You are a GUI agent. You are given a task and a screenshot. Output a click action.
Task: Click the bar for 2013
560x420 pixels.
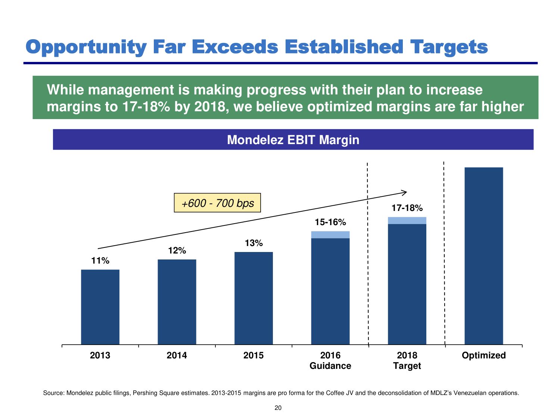pyautogui.click(x=100, y=307)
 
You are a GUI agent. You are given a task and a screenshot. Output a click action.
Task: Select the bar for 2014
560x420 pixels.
pyautogui.click(x=177, y=302)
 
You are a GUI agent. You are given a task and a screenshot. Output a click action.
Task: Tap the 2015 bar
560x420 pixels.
pyautogui.click(x=253, y=298)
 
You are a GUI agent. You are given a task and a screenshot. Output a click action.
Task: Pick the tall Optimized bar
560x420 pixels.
pyautogui.click(x=483, y=256)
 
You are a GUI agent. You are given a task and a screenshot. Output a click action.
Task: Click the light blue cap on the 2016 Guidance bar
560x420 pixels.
pyautogui.click(x=330, y=234)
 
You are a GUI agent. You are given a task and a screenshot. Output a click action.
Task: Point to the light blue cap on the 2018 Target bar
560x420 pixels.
pyautogui.click(x=407, y=220)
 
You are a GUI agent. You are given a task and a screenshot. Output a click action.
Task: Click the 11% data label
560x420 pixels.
pyautogui.click(x=100, y=261)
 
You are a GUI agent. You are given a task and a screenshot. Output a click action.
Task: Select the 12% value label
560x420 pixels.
pyautogui.click(x=177, y=251)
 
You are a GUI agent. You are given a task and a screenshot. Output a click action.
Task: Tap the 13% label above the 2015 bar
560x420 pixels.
pyautogui.click(x=253, y=243)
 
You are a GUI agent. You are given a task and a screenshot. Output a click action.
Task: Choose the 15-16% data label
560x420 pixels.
pyautogui.click(x=330, y=222)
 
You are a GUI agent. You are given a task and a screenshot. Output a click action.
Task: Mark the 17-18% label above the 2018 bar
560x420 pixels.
pyautogui.click(x=407, y=208)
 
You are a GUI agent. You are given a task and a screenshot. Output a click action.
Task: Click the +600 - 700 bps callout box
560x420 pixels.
pyautogui.click(x=217, y=203)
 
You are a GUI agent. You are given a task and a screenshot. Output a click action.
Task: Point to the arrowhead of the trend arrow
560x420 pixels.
pyautogui.click(x=405, y=192)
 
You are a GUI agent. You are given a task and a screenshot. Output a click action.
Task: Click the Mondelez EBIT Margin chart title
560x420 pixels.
pyautogui.click(x=293, y=140)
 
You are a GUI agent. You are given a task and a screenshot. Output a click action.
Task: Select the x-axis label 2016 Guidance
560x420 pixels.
pyautogui.click(x=330, y=360)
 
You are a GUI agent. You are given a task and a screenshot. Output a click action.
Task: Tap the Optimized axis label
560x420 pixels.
pyautogui.click(x=483, y=355)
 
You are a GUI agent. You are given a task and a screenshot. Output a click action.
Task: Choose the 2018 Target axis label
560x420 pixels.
pyautogui.click(x=407, y=360)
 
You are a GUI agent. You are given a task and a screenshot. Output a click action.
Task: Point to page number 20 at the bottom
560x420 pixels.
pyautogui.click(x=278, y=408)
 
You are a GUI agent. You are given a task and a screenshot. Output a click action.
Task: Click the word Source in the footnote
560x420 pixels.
pyautogui.click(x=54, y=393)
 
